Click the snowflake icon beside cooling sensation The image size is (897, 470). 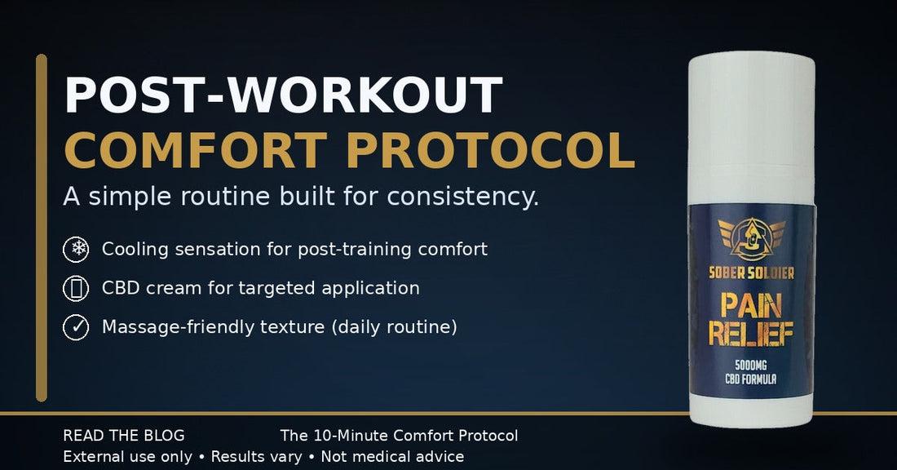[x=76, y=249]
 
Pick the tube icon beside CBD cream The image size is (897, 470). [x=76, y=288]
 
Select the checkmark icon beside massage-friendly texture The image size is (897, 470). [x=76, y=327]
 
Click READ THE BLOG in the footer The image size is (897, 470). [x=124, y=436]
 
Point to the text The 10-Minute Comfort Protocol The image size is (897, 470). [x=399, y=436]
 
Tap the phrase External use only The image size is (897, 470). [x=127, y=457]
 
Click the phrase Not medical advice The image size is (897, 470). [x=392, y=457]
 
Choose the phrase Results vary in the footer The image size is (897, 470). [x=256, y=457]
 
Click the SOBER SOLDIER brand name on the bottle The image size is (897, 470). [x=753, y=272]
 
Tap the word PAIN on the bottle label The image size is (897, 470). [x=752, y=306]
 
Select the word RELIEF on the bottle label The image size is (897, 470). [x=752, y=333]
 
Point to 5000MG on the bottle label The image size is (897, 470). [x=752, y=366]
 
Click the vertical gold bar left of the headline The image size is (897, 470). [x=42, y=228]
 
